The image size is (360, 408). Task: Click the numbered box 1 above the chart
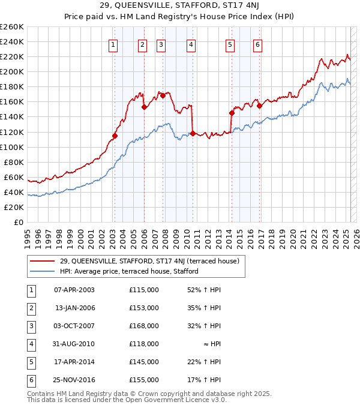(113, 44)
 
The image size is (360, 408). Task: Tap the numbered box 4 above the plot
(190, 44)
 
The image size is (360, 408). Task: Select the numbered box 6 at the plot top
(257, 44)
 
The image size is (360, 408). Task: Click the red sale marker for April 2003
(115, 136)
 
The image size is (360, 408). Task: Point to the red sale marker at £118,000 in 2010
(193, 133)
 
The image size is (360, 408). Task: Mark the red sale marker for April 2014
(232, 113)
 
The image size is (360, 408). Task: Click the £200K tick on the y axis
(12, 71)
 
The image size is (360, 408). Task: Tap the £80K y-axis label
(14, 162)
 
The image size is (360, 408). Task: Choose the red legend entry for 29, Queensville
(149, 261)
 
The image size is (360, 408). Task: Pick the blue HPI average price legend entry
(128, 271)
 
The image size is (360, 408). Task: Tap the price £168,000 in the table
(144, 326)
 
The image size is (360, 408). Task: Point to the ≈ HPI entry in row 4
(212, 344)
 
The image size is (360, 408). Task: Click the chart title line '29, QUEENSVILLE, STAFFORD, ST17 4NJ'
(179, 7)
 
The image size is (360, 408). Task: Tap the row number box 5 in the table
(30, 362)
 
